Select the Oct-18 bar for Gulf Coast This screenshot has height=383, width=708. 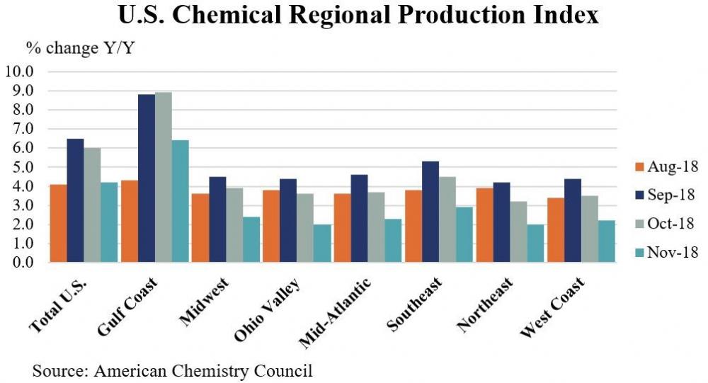[x=163, y=178]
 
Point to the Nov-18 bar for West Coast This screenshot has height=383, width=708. [x=607, y=241]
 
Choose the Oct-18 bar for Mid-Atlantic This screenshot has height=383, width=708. [x=377, y=227]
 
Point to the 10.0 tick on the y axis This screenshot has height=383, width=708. [x=19, y=72]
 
